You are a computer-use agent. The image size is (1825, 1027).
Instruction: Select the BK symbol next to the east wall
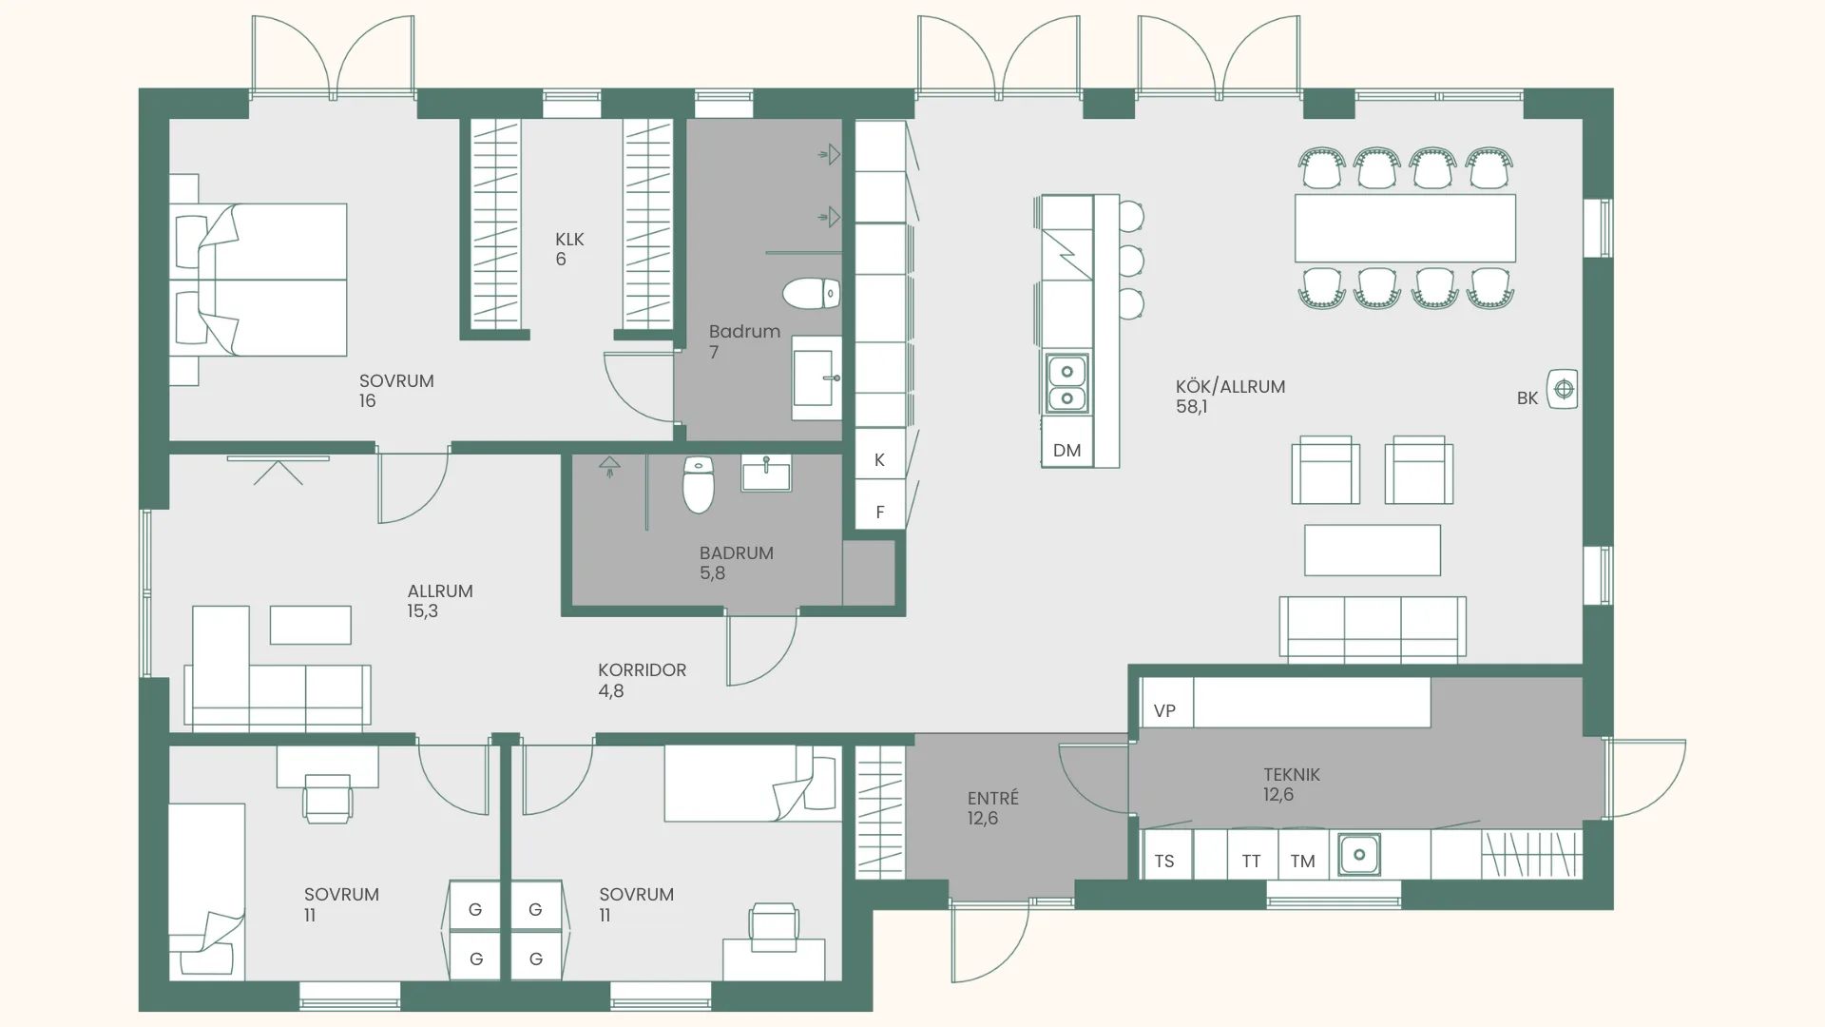pos(1563,389)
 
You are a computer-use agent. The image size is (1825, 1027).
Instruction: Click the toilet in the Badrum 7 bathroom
pos(812,294)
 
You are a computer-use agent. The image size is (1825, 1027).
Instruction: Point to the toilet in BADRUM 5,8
pos(699,485)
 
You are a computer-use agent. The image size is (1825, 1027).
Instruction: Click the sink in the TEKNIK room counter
pos(1359,854)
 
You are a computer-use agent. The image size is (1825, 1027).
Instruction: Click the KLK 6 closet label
pos(569,249)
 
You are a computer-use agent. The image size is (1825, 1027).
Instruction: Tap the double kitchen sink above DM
pos(1067,384)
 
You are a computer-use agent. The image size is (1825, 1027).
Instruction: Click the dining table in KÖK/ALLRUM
pos(1405,228)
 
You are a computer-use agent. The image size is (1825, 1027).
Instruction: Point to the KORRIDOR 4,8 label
pos(642,680)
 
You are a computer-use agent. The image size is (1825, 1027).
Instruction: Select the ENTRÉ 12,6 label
pos(993,808)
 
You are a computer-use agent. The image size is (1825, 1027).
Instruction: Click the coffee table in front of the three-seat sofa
pos(1373,550)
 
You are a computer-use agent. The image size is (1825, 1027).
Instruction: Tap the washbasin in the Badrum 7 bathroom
pos(816,378)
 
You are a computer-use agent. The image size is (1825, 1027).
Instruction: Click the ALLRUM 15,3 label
pos(440,601)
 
